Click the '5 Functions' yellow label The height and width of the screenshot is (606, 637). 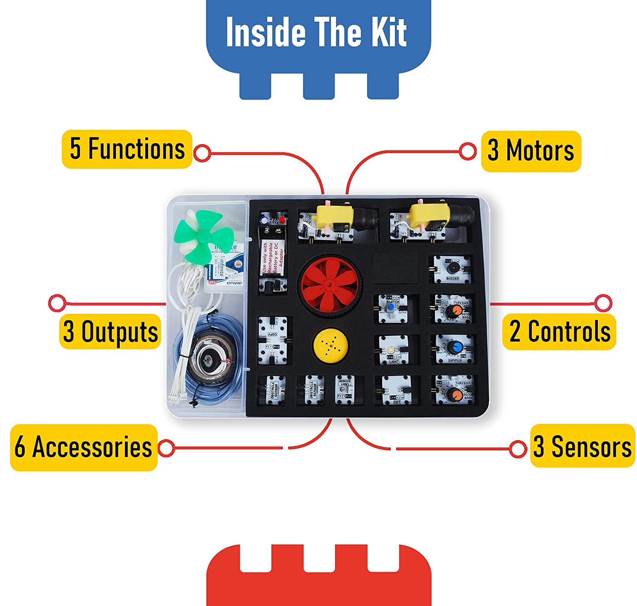(127, 149)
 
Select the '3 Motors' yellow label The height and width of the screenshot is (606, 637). (531, 151)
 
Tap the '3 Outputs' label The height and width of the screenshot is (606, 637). (110, 332)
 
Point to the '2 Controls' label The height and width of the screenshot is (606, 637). (559, 332)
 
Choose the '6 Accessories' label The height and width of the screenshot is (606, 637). (84, 447)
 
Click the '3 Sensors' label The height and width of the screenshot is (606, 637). (582, 447)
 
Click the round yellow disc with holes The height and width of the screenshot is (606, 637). (330, 343)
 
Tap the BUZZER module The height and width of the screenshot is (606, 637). (452, 270)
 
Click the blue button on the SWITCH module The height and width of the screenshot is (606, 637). (391, 307)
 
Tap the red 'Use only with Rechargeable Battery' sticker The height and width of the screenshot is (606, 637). (270, 258)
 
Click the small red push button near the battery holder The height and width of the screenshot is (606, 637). (282, 220)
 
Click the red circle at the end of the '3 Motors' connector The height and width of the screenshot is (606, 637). (468, 151)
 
